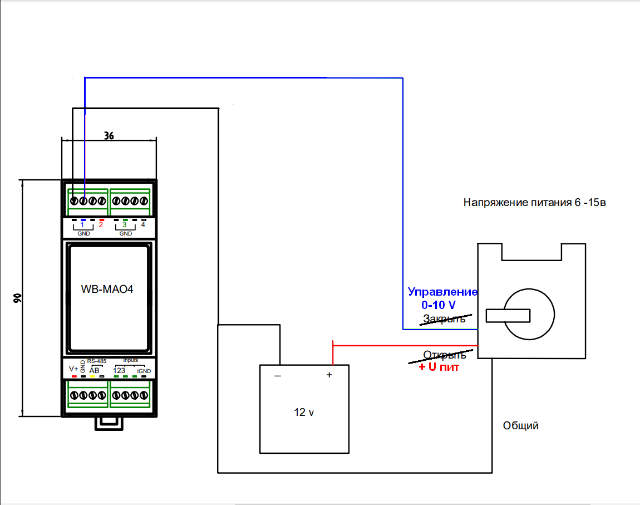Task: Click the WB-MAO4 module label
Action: click(x=107, y=289)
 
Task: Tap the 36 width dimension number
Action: click(x=109, y=135)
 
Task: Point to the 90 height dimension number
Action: click(x=18, y=298)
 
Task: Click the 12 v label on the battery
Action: click(x=304, y=413)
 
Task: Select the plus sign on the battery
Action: click(x=329, y=375)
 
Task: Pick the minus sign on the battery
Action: click(x=278, y=376)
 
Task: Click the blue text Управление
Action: click(x=442, y=292)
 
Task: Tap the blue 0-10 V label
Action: click(x=439, y=305)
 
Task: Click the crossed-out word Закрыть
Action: click(x=444, y=319)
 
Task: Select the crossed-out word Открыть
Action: click(x=445, y=355)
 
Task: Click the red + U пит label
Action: click(x=439, y=367)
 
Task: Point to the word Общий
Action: click(x=520, y=426)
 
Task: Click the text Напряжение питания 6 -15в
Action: click(x=534, y=203)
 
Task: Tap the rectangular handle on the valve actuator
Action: click(x=508, y=316)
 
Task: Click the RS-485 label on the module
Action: click(x=96, y=361)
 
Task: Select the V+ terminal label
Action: click(x=73, y=369)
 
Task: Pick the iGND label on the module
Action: click(x=144, y=371)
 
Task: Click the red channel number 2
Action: click(x=101, y=225)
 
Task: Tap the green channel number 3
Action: click(x=125, y=225)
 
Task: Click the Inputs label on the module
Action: click(x=131, y=360)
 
